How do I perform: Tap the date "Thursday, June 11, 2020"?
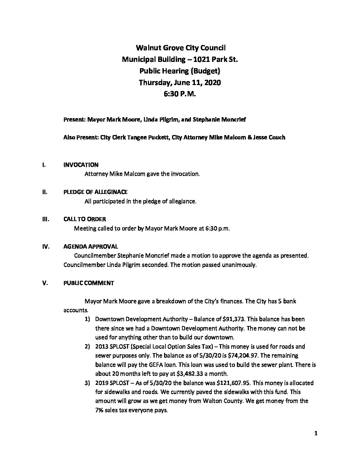[180, 82]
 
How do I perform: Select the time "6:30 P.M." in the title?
[180, 94]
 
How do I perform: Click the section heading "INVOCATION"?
[81, 165]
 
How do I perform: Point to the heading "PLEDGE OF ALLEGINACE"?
[95, 192]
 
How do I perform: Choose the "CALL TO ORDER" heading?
[84, 219]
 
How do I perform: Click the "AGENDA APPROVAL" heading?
[90, 247]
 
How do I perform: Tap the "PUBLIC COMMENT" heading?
[89, 283]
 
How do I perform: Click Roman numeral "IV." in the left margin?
[46, 247]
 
